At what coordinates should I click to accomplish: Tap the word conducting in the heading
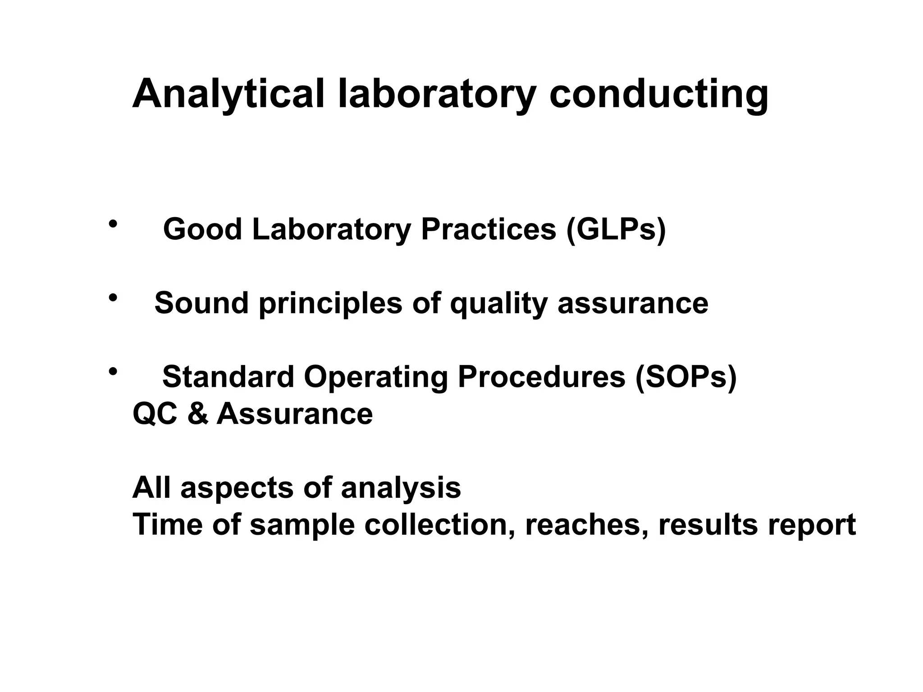click(659, 95)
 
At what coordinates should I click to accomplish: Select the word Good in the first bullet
click(202, 229)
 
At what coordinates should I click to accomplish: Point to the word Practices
click(488, 229)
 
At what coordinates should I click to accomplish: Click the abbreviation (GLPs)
click(616, 230)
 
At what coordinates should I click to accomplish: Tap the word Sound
click(201, 303)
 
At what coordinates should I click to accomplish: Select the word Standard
click(228, 377)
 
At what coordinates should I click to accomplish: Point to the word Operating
click(376, 378)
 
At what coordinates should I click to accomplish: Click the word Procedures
click(541, 377)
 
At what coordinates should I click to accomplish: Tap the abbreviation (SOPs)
click(685, 378)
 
